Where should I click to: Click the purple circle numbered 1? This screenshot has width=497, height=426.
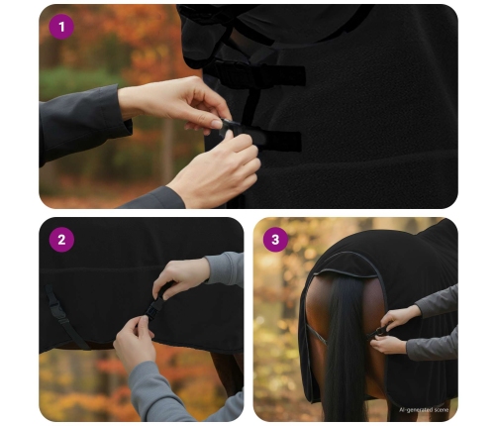click(x=61, y=27)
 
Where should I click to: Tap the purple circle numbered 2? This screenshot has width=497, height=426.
click(x=61, y=240)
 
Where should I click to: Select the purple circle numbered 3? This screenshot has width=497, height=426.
click(x=275, y=240)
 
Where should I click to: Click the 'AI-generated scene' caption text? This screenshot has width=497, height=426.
click(x=424, y=410)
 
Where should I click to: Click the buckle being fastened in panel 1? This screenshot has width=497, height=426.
click(x=230, y=127)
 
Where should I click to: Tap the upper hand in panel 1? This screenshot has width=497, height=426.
click(x=175, y=102)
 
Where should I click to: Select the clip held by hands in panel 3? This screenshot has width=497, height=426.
click(x=378, y=332)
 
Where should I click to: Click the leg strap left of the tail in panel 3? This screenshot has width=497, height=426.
click(x=316, y=334)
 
